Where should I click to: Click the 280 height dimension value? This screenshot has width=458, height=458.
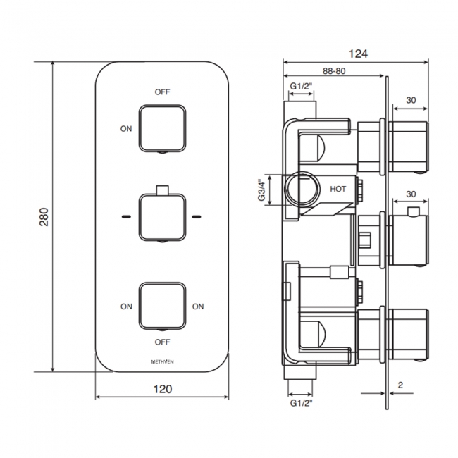pyautogui.click(x=44, y=217)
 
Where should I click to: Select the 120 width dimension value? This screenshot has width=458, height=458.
pyautogui.click(x=163, y=389)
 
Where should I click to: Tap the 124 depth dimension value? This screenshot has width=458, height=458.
pyautogui.click(x=358, y=54)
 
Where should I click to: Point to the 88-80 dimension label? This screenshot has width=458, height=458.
pyautogui.click(x=334, y=71)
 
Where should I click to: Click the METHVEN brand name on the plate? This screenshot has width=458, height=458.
pyautogui.click(x=162, y=361)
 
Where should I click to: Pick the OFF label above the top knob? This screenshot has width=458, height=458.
pyautogui.click(x=162, y=92)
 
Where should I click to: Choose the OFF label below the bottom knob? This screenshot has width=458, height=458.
pyautogui.click(x=162, y=342)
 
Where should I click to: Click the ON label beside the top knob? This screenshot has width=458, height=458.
pyautogui.click(x=126, y=129)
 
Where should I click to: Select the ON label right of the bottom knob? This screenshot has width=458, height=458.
pyautogui.click(x=198, y=307)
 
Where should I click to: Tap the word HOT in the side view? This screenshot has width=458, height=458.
pyautogui.click(x=338, y=189)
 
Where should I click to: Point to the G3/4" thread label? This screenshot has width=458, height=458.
pyautogui.click(x=261, y=190)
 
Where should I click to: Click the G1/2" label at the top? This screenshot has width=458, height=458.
pyautogui.click(x=301, y=86)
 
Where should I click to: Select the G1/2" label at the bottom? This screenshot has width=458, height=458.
pyautogui.click(x=301, y=403)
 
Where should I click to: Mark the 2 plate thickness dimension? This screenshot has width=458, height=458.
pyautogui.click(x=400, y=385)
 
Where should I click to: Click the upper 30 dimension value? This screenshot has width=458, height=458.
pyautogui.click(x=411, y=100)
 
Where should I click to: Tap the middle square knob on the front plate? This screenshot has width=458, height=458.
pyautogui.click(x=162, y=217)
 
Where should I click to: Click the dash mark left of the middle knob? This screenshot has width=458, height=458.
pyautogui.click(x=126, y=217)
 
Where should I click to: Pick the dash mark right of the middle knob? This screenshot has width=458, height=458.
pyautogui.click(x=197, y=217)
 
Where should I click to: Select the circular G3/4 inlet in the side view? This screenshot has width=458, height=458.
pyautogui.click(x=302, y=187)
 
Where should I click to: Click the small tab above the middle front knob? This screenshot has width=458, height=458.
pyautogui.click(x=162, y=190)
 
